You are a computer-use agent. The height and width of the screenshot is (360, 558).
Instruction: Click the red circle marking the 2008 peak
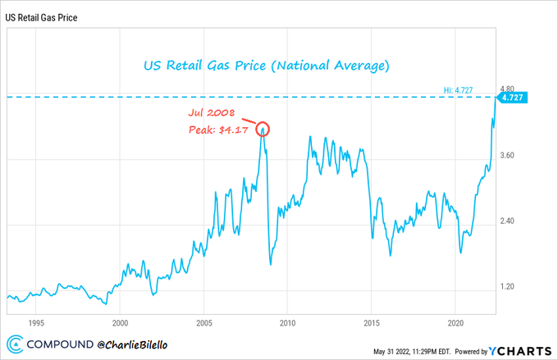pos(262,129)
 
